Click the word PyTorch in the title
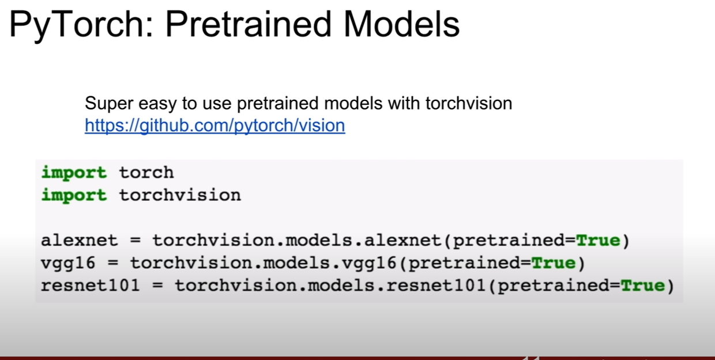81,25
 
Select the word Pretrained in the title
249,25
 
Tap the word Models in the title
401,25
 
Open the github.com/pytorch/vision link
215,126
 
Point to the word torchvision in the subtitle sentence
469,103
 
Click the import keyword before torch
74,173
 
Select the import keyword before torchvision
74,196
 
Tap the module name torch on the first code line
146,172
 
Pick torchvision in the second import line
180,195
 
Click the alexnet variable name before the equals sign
79,240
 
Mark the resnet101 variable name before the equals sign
91,285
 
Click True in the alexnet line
598,240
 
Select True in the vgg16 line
553,263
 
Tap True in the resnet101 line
642,285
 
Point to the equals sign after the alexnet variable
136,241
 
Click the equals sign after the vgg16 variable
113,263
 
